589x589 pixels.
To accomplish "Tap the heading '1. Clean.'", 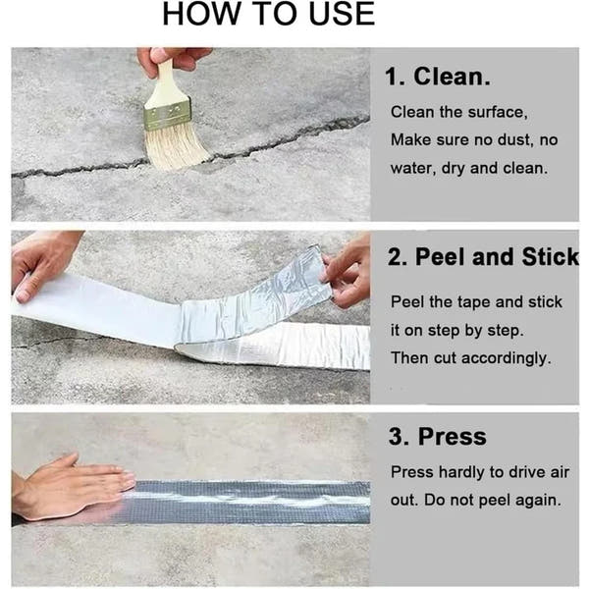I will [x=437, y=77].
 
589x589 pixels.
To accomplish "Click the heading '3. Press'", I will [x=437, y=437].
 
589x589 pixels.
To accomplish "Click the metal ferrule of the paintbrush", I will [x=168, y=114].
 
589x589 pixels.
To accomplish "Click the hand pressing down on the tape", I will [x=69, y=486].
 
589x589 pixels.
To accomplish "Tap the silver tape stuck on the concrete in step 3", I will [x=255, y=501].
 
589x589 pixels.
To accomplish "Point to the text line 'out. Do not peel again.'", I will [x=476, y=500].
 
